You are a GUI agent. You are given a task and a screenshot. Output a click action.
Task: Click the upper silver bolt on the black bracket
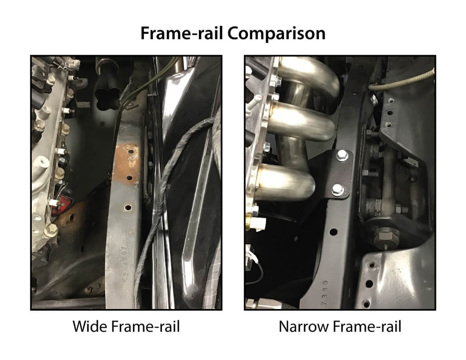tap(342, 156)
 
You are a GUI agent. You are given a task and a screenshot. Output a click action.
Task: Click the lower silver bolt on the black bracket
tap(337, 190)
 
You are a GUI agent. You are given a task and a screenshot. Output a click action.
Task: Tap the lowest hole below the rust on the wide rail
tap(128, 208)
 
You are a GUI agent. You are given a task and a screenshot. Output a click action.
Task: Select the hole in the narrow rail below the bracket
tap(333, 232)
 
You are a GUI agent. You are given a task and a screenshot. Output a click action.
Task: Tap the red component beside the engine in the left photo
tap(58, 207)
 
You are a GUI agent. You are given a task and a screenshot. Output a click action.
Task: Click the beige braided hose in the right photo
tap(400, 81)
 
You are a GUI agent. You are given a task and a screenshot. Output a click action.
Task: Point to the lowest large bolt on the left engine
tap(51, 230)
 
